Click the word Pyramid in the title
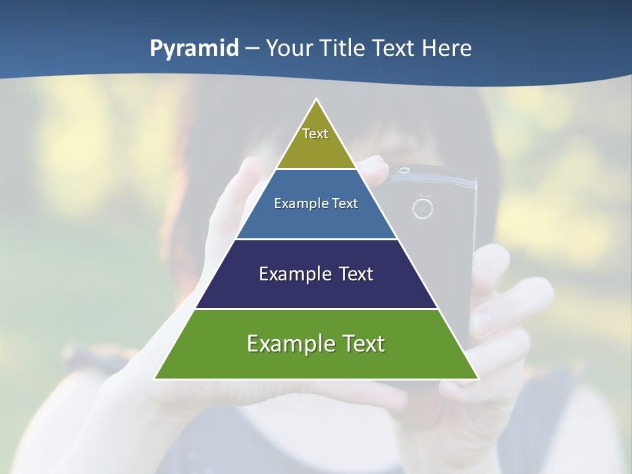[194, 49]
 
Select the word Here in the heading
[447, 48]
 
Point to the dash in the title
[251, 49]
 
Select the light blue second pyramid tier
[316, 217]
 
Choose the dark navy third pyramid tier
[316, 290]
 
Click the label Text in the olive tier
[315, 134]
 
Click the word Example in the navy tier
[294, 274]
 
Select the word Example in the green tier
[290, 344]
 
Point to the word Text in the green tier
[362, 344]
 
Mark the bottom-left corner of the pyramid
[155, 379]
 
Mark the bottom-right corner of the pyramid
[478, 379]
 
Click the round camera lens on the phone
[422, 209]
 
